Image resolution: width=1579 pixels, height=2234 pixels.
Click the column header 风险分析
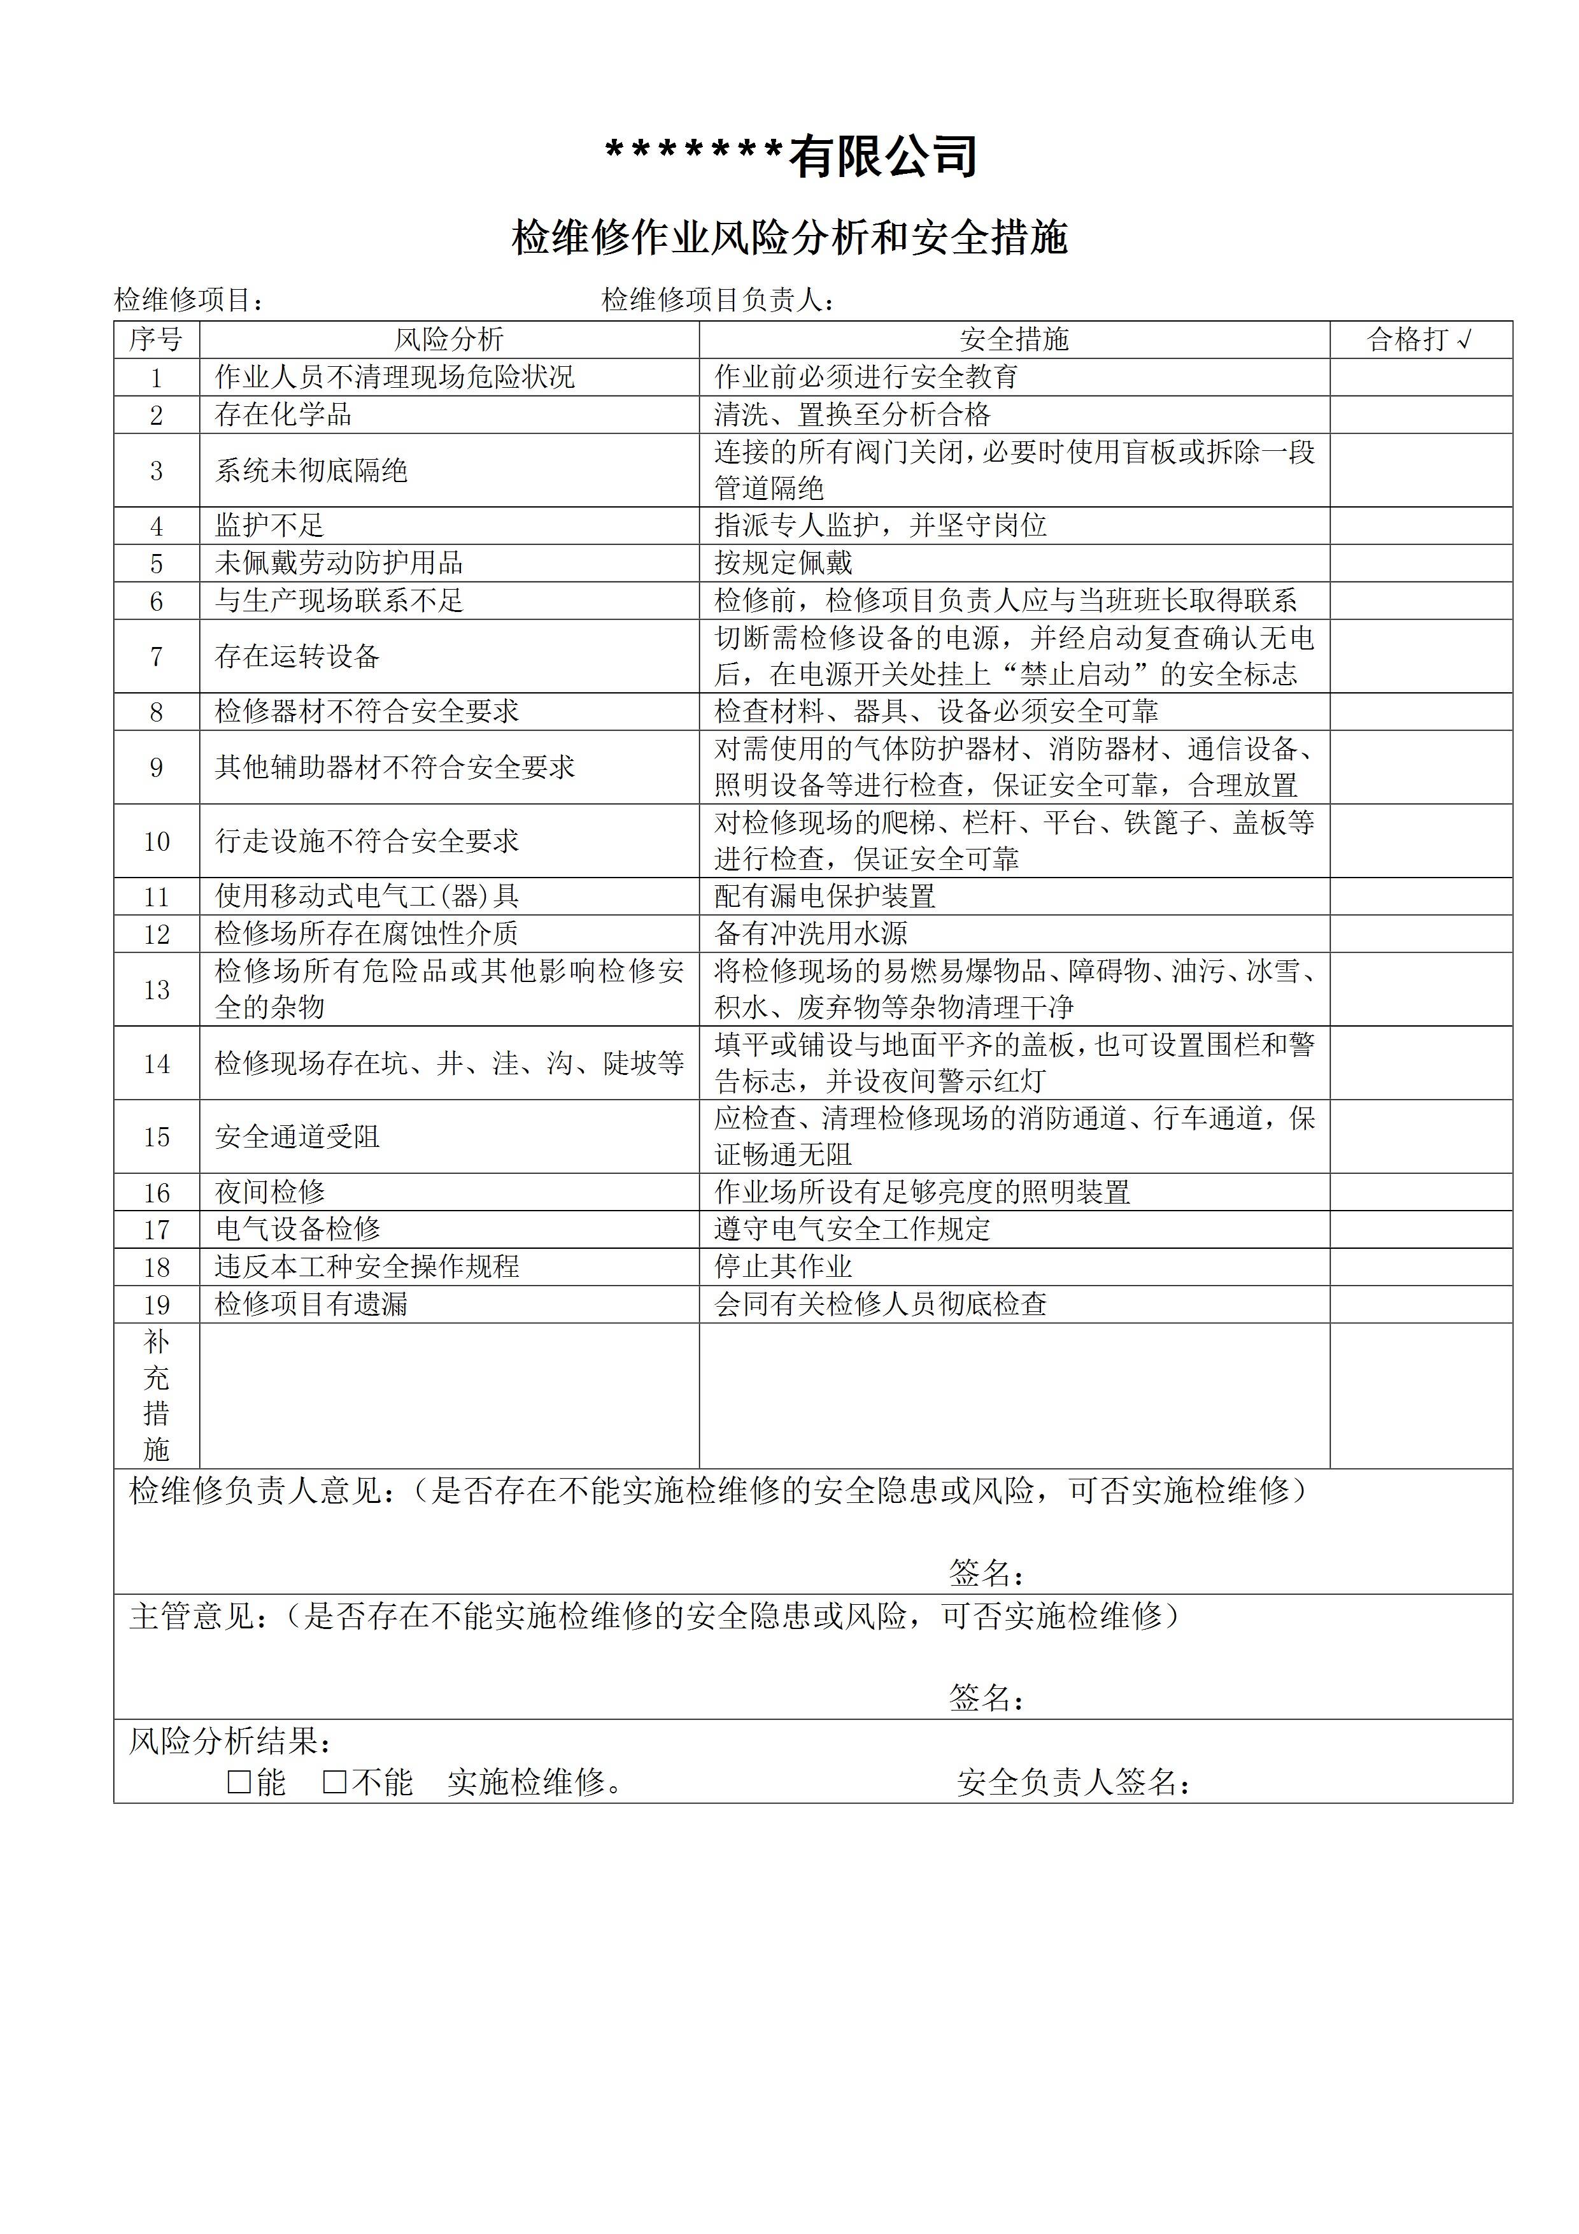[448, 339]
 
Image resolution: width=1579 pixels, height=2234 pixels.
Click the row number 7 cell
[157, 657]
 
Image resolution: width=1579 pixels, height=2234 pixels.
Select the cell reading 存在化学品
[283, 415]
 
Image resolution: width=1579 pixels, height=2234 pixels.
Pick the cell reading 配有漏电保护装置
[825, 896]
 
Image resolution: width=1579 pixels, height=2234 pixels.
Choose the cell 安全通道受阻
[298, 1137]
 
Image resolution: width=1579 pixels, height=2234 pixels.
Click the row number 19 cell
[157, 1305]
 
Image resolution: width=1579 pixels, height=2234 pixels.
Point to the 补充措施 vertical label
[157, 1395]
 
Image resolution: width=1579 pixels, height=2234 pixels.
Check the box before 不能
[335, 1782]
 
